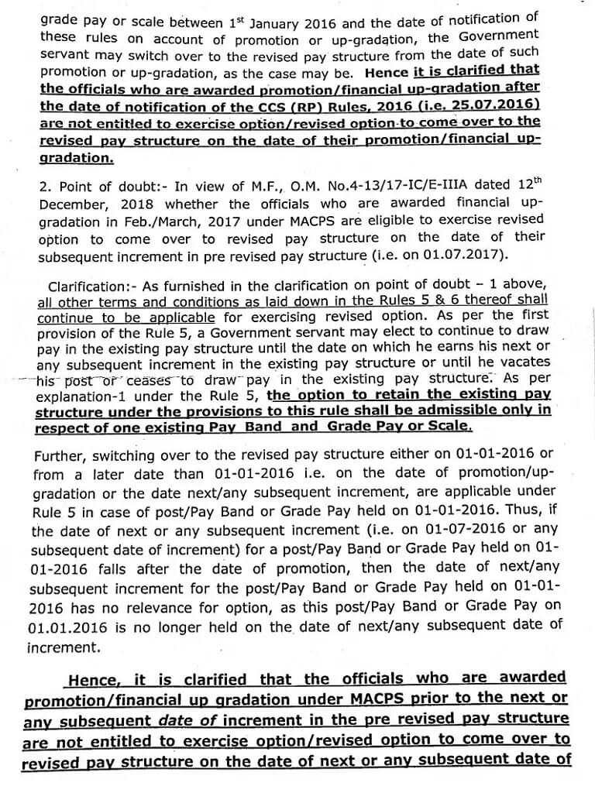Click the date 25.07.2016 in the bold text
pyautogui.click(x=499, y=106)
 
